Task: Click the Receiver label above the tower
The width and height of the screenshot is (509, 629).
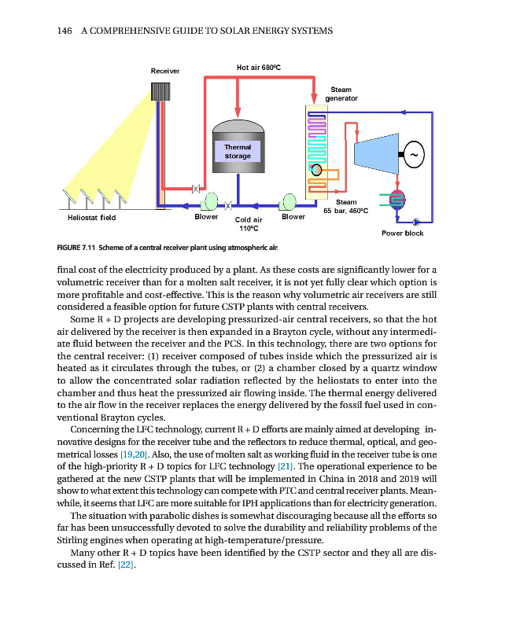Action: point(165,71)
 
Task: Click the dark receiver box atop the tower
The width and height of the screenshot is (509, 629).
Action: point(162,90)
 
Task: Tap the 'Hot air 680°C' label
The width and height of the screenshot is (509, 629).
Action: point(254,68)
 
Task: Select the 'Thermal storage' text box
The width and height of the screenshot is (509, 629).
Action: point(238,151)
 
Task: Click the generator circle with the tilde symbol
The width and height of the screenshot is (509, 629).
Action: point(414,155)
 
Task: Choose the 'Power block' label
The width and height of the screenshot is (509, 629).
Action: point(402,233)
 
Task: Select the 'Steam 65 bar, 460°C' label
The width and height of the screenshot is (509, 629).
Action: point(346,207)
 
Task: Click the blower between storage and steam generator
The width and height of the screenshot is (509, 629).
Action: point(290,202)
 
